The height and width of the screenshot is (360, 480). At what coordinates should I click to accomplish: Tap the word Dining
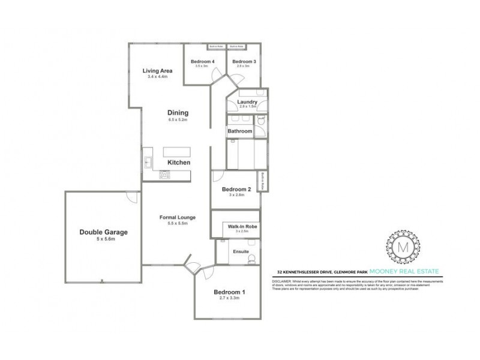[x=179, y=112]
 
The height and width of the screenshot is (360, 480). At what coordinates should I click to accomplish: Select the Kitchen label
[x=179, y=163]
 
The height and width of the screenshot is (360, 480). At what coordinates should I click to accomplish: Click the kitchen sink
[x=147, y=161]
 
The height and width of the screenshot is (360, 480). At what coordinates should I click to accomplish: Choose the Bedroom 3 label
[x=244, y=62]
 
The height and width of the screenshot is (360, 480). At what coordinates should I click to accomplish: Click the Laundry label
[x=247, y=102]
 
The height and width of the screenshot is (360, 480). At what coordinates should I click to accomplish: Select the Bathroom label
[x=239, y=131]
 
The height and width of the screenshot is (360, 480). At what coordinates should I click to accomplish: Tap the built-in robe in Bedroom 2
[x=262, y=181]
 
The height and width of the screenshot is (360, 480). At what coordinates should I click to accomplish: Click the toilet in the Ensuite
[x=253, y=259]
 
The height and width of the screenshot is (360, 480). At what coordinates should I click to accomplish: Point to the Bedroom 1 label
[x=227, y=293]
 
